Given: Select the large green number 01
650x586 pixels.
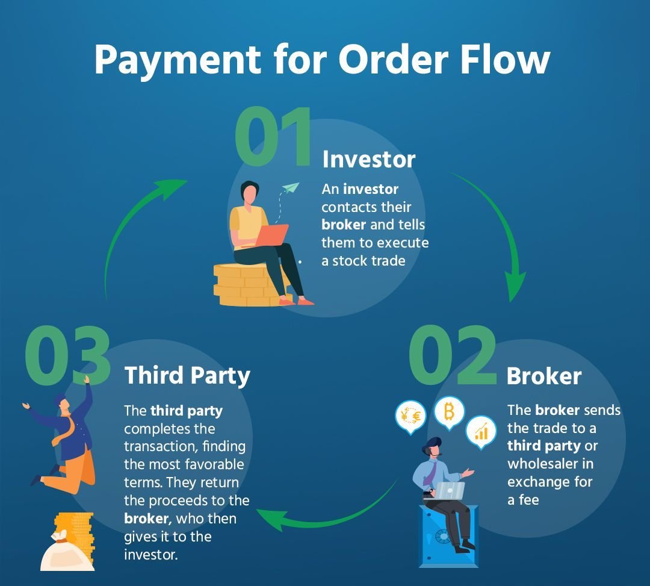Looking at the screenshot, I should click(x=274, y=138).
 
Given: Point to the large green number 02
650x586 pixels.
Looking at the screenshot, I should click(x=453, y=357).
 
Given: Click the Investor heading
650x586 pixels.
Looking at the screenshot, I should click(x=369, y=160).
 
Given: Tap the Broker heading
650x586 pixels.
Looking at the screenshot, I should click(x=544, y=376).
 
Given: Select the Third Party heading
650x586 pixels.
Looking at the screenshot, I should click(x=187, y=375).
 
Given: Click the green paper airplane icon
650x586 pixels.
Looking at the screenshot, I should click(x=291, y=188).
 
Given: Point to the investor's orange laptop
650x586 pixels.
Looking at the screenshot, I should click(x=272, y=235).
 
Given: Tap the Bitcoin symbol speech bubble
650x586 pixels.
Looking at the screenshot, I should click(x=449, y=413).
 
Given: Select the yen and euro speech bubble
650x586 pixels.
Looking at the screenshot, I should click(x=410, y=416).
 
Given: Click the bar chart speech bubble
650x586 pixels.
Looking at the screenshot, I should click(x=481, y=431).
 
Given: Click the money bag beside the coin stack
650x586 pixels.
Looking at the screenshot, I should click(x=66, y=551).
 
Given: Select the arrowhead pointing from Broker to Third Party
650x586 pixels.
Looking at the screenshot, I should click(x=270, y=517).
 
